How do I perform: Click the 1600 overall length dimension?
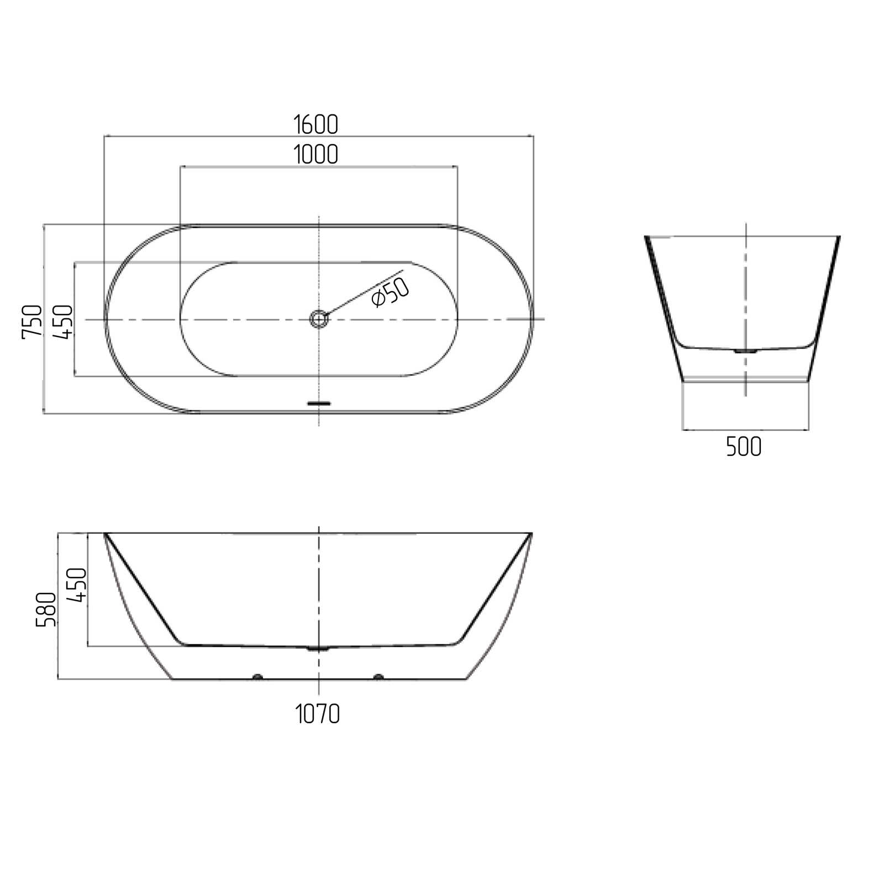315,124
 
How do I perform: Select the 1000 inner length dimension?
315,154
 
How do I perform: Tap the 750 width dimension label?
32,322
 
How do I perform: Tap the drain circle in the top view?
319,319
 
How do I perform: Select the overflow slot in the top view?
319,403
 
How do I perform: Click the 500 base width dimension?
744,446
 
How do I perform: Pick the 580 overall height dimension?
46,609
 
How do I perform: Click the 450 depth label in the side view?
77,585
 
